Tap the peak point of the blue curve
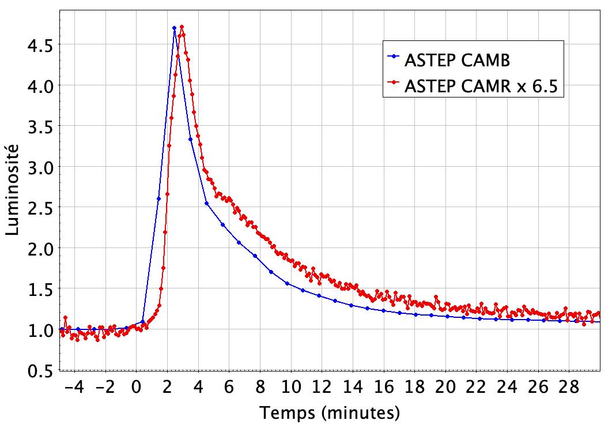[x=174, y=28]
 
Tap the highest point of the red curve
[x=182, y=27]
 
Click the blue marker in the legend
[x=394, y=57]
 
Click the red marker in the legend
[x=394, y=84]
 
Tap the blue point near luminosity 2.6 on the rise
[x=158, y=198]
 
